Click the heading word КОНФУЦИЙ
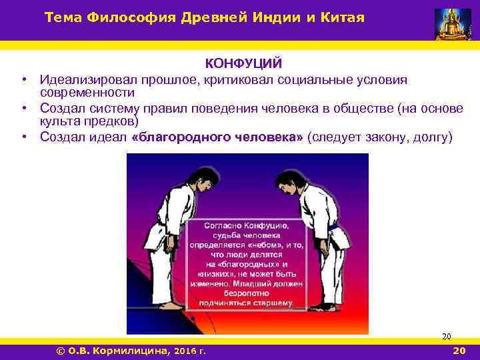point(243,63)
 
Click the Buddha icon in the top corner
point(453,24)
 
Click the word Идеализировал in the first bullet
point(82,79)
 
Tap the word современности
point(87,92)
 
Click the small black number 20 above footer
point(447,337)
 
